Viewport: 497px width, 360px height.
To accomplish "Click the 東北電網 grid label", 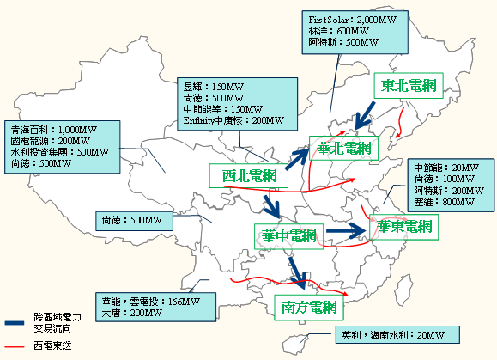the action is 409,86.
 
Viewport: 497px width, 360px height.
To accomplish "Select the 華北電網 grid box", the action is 344,148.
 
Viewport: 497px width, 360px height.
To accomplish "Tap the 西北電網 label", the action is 249,176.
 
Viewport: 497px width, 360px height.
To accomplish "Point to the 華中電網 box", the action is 288,236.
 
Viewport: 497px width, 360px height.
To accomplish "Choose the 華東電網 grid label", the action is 404,227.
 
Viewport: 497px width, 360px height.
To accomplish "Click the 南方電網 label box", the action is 309,308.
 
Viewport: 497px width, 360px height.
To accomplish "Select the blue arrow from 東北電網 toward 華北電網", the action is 365,116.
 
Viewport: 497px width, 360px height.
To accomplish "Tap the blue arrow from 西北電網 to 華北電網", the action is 297,159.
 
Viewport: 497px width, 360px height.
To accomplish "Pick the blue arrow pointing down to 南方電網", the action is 298,273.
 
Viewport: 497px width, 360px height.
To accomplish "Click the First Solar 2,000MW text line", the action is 353,20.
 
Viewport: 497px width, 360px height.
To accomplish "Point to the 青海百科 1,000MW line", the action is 53,130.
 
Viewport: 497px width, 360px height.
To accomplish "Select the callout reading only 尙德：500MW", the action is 135,221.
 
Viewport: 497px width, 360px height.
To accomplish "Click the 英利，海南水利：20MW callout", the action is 397,335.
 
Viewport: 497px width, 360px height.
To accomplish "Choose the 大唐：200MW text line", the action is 132,313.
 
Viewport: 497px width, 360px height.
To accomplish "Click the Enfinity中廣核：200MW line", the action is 233,120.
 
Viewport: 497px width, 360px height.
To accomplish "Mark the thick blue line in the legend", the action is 15,323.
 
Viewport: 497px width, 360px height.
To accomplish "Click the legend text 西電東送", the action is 52,345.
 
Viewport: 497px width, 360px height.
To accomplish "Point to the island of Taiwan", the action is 403,287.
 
